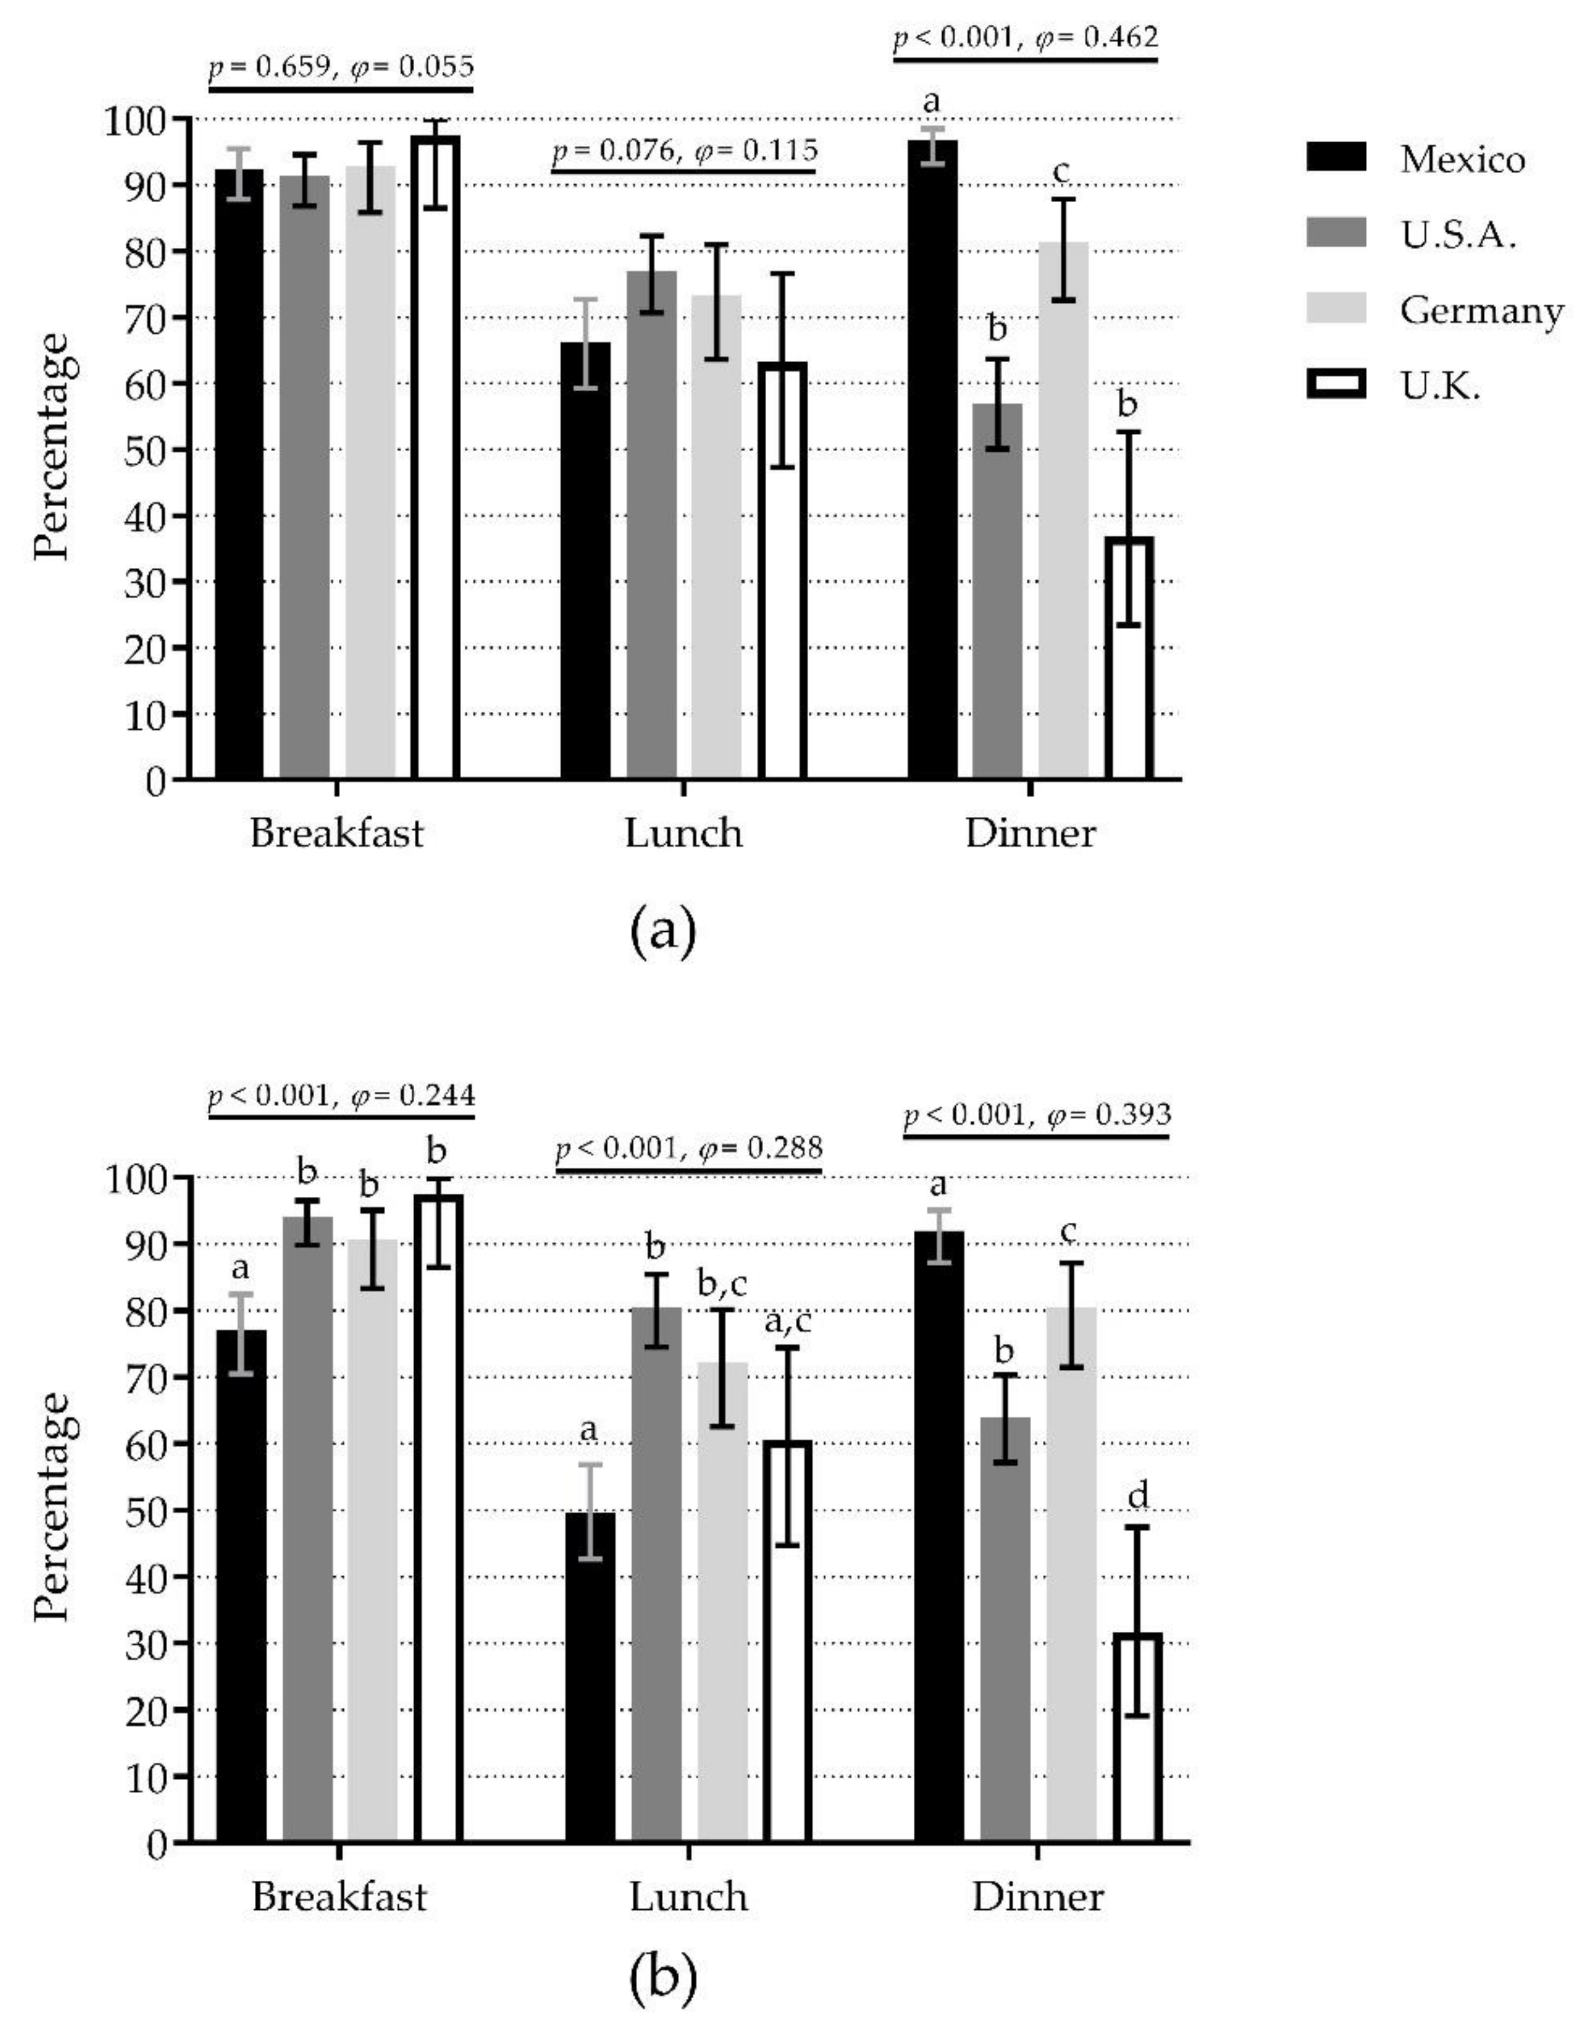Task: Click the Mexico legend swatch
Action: tap(1336, 157)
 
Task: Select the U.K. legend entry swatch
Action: tap(1336, 384)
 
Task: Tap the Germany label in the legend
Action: tap(1480, 310)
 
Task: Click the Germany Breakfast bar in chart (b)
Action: tap(372, 1540)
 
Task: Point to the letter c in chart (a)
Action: tap(1061, 172)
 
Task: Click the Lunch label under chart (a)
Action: tap(684, 832)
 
